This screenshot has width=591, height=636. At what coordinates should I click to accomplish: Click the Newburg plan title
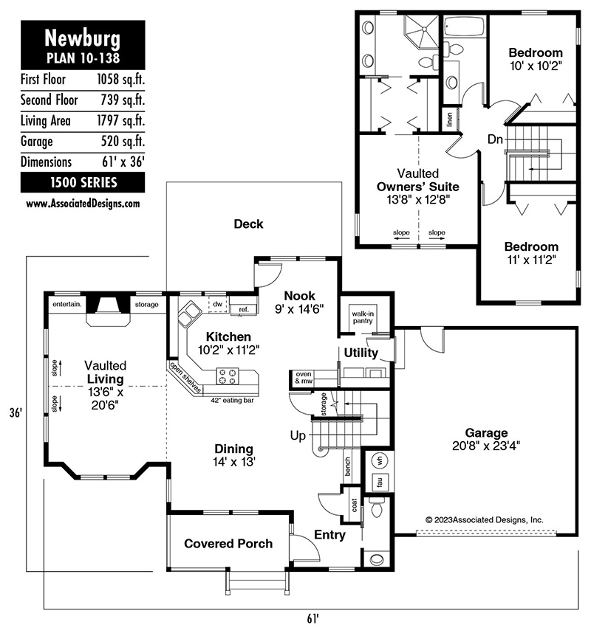[x=83, y=38]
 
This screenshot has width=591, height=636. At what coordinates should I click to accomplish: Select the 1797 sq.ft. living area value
[x=120, y=121]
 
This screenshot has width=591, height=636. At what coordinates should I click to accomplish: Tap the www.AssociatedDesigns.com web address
[x=83, y=203]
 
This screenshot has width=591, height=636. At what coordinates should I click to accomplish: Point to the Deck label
[x=248, y=224]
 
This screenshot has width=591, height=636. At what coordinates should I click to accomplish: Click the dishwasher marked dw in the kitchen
[x=218, y=304]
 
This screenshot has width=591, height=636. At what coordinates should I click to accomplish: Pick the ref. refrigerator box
[x=244, y=309]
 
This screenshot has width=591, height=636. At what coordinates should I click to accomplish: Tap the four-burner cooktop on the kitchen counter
[x=228, y=376]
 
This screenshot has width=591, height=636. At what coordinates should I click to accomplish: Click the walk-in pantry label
[x=363, y=317]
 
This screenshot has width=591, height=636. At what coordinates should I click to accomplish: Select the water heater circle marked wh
[x=380, y=461]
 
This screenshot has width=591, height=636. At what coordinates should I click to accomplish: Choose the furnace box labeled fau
[x=380, y=482]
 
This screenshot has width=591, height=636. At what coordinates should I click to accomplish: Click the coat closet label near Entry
[x=354, y=505]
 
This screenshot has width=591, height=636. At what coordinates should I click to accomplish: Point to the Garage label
[x=486, y=433]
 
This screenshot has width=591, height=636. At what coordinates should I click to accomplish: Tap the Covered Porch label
[x=228, y=544]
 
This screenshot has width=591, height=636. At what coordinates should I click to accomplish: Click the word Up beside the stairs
[x=298, y=436]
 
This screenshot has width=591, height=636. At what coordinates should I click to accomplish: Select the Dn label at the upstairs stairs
[x=495, y=139]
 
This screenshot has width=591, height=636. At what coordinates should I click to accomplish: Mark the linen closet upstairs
[x=450, y=120]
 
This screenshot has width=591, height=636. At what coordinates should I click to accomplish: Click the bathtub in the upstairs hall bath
[x=464, y=27]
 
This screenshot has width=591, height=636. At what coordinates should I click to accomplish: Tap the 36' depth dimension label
[x=16, y=413]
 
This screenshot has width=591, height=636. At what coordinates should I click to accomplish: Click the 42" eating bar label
[x=232, y=401]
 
